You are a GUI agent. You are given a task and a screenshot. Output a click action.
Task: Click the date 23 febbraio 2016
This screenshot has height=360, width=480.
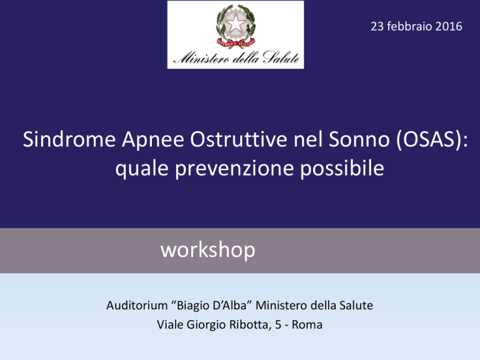(x=416, y=26)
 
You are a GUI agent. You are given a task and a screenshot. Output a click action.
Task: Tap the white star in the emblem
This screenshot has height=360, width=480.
(x=236, y=24)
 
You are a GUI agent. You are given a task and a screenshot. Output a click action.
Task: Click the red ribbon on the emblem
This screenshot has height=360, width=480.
(x=236, y=42)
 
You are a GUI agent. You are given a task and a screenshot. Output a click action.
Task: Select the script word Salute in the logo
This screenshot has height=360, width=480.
(x=281, y=57)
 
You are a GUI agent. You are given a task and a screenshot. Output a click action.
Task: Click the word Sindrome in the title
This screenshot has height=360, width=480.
(x=69, y=139)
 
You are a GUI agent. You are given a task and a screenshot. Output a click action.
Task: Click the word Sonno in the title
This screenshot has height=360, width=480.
(x=359, y=139)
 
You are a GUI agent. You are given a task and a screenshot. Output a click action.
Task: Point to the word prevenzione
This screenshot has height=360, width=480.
(x=234, y=169)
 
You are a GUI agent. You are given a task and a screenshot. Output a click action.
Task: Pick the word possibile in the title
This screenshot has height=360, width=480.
(x=342, y=168)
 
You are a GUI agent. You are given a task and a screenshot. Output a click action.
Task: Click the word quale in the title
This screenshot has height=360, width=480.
(x=142, y=169)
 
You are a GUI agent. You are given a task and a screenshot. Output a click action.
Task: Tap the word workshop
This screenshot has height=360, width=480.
(x=208, y=250)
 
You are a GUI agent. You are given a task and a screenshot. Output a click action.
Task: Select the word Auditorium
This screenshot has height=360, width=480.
(x=137, y=306)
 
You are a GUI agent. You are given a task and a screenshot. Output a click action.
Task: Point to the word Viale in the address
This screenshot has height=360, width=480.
(x=170, y=324)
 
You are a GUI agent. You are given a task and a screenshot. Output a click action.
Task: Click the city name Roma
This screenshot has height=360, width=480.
(x=307, y=325)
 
